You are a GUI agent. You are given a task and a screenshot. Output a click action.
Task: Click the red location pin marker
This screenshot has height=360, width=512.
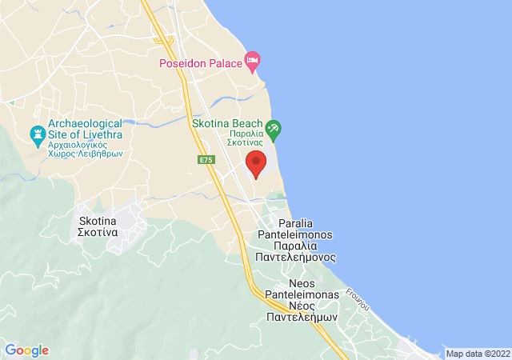(x=256, y=163)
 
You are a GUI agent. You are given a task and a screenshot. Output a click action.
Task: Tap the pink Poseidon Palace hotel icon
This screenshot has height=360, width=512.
(x=253, y=60)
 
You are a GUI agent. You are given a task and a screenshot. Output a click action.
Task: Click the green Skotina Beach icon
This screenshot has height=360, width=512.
(x=273, y=128)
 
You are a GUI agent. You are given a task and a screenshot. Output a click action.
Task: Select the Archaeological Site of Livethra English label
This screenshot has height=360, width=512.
(x=85, y=130)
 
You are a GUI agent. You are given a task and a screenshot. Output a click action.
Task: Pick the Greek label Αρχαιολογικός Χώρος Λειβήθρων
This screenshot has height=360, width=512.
(x=85, y=148)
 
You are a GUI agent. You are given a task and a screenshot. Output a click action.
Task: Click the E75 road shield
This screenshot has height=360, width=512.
(x=206, y=160)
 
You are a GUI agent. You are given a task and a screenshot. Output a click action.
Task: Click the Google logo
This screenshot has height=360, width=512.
(x=26, y=350)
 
